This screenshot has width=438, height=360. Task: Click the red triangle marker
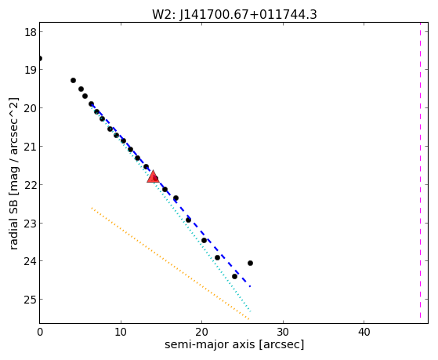click(153, 177)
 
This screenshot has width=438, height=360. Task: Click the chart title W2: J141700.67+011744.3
click(234, 14)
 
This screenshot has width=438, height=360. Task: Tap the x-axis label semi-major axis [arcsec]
click(234, 344)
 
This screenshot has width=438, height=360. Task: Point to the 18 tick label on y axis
click(31, 32)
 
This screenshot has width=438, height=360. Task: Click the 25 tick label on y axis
click(31, 300)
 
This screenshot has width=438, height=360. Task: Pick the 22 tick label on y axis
click(31, 184)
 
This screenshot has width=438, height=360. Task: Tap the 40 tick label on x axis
click(364, 333)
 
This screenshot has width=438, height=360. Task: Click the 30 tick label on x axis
click(283, 333)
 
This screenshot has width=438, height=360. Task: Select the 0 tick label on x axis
click(40, 333)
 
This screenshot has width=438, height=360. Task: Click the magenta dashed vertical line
click(420, 170)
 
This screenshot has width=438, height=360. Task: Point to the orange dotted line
click(170, 264)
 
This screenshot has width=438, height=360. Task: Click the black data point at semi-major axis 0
click(40, 59)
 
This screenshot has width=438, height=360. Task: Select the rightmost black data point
click(250, 264)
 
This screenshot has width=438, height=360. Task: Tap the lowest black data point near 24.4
click(234, 276)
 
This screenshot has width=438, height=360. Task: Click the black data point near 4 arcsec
click(73, 81)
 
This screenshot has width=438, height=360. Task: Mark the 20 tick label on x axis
click(201, 333)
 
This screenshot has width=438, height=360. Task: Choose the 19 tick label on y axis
click(31, 70)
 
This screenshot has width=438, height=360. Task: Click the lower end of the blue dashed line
click(250, 286)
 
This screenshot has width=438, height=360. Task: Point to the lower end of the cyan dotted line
click(251, 311)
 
